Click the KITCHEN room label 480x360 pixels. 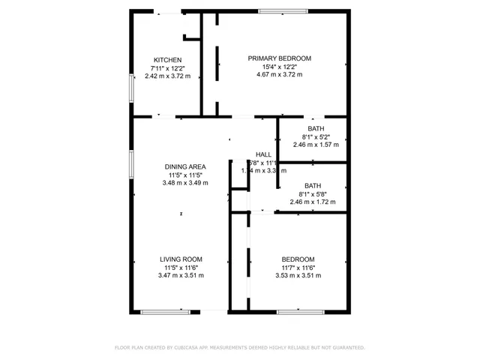pyautogui.click(x=167, y=60)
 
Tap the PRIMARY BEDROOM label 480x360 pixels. pyautogui.click(x=279, y=58)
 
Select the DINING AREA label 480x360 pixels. pyautogui.click(x=185, y=166)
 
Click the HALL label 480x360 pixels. pyautogui.click(x=263, y=154)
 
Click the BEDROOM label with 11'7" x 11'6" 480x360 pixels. pyautogui.click(x=298, y=259)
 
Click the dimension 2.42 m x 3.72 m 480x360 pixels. pyautogui.click(x=167, y=76)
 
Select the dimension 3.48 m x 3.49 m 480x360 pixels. pyautogui.click(x=185, y=183)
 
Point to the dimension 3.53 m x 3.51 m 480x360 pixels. pyautogui.click(x=298, y=276)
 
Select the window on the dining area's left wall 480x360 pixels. pyautogui.click(x=132, y=164)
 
